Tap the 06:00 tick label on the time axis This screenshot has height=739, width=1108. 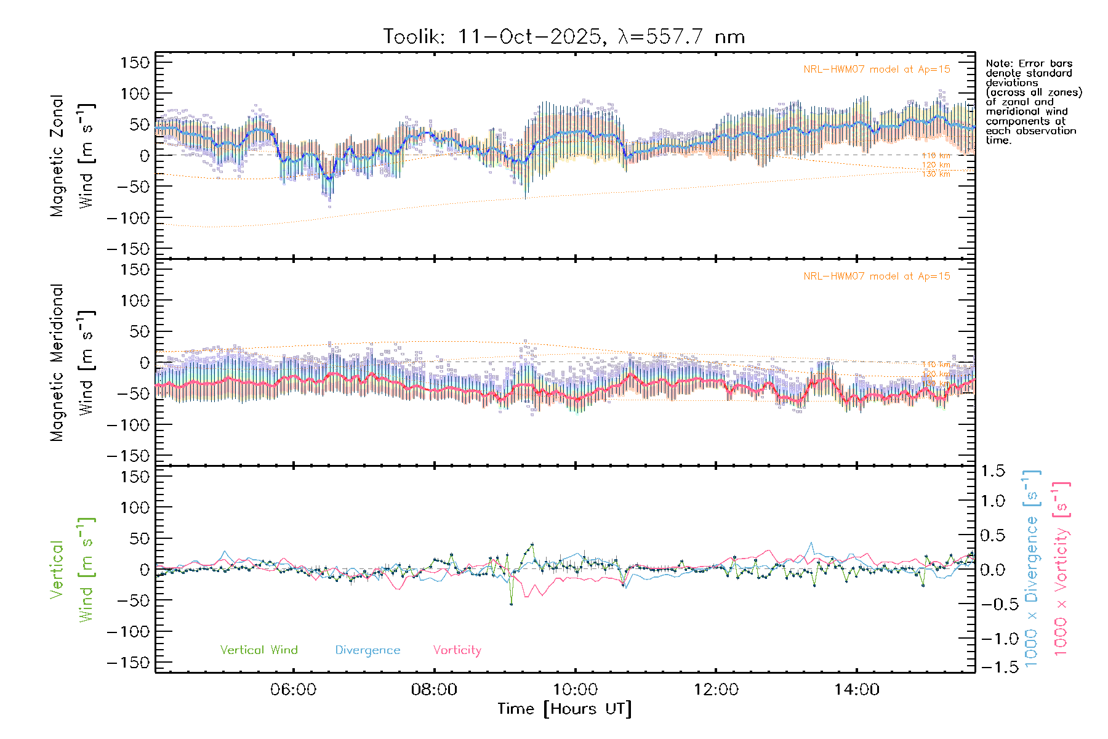point(293,690)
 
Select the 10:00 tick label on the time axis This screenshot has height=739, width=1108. point(575,690)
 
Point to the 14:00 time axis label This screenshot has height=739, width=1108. point(856,690)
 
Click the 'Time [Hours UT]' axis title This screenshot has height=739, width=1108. point(564,709)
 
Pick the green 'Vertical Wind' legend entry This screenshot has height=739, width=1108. point(259,650)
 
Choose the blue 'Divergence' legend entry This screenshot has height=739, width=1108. point(367,650)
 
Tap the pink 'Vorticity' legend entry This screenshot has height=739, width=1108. point(457,650)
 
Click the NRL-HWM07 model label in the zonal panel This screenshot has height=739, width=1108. point(877,70)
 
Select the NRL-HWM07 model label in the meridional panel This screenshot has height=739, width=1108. point(877,277)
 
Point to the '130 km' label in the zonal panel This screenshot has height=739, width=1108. point(936,174)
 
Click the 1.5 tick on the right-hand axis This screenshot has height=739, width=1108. point(992,471)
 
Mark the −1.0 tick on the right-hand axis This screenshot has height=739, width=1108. point(992,639)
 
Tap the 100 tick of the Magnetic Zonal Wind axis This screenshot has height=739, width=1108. point(135,94)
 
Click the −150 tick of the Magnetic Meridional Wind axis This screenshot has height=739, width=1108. point(128,456)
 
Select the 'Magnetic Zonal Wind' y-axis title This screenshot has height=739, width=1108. point(71,156)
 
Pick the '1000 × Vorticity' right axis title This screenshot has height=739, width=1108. point(1061,568)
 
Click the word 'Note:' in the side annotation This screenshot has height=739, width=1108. point(999,63)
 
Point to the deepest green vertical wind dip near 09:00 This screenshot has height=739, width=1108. point(511,604)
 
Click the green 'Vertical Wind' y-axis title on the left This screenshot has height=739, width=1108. point(71,570)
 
